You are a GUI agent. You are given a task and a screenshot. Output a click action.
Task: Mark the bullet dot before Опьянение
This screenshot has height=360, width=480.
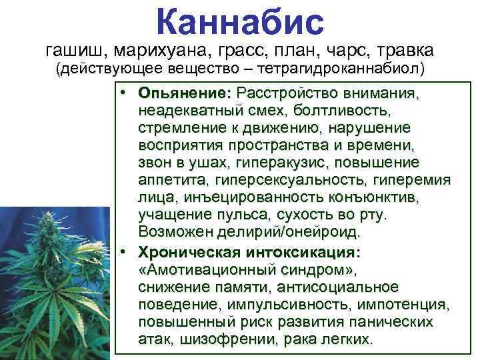coord(125,92)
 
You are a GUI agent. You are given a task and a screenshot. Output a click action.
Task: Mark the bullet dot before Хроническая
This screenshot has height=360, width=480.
coord(125,253)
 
